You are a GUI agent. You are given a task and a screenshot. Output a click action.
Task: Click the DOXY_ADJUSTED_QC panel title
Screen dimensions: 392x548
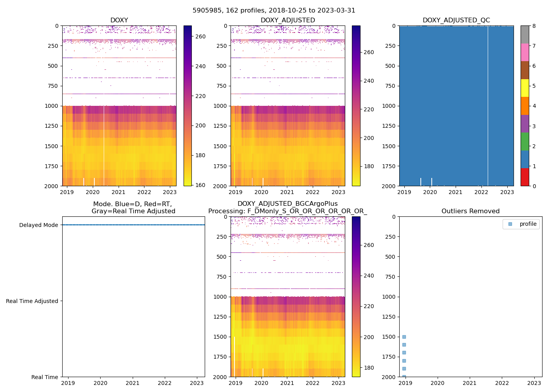(456, 20)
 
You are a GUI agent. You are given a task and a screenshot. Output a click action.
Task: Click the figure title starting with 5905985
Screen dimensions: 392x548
(274, 11)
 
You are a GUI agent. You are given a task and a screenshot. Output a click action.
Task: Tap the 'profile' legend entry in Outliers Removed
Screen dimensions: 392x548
(528, 224)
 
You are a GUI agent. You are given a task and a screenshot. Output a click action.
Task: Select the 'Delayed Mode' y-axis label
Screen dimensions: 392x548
(38, 225)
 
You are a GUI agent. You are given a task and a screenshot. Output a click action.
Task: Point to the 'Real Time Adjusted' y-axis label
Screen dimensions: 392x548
(32, 301)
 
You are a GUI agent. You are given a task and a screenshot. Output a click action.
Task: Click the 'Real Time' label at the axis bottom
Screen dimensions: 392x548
(45, 377)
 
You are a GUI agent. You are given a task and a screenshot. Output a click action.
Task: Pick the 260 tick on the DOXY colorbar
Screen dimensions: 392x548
(200, 36)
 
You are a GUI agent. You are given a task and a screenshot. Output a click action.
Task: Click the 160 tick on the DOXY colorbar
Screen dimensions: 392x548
(200, 185)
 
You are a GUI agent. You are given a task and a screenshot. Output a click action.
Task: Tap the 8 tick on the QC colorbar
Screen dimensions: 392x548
(534, 26)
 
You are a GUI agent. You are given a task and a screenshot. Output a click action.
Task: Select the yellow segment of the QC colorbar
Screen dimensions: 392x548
(525, 88)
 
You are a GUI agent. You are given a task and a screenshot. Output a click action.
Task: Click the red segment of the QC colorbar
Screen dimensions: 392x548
(525, 177)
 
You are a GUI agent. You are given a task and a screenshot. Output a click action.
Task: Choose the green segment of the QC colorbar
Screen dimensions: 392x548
(525, 142)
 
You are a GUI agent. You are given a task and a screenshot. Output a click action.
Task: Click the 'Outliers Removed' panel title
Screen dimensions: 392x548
(470, 211)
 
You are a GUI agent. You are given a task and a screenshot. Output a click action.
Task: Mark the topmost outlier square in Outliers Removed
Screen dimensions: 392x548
(404, 337)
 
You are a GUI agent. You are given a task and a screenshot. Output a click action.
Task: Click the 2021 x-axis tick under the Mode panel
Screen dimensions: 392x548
(133, 383)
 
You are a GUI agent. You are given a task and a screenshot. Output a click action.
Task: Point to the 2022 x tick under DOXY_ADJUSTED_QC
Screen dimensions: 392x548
(481, 192)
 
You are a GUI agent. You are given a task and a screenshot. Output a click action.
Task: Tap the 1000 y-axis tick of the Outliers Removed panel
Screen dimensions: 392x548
(390, 297)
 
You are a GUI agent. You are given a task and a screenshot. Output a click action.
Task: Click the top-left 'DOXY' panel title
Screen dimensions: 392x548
(119, 20)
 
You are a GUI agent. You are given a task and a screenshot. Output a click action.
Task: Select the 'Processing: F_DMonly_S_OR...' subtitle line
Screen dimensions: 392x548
(287, 211)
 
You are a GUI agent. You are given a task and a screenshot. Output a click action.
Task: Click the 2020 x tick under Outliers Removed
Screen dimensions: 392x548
(437, 383)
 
